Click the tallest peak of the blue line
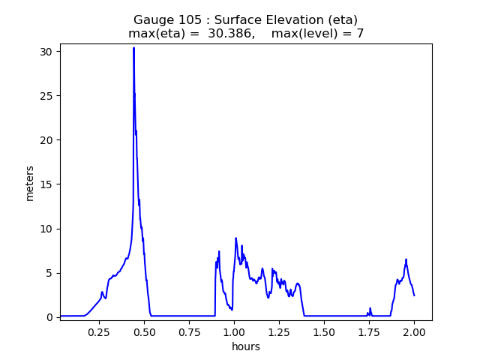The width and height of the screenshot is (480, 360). click(133, 48)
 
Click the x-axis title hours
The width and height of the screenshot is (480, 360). click(246, 346)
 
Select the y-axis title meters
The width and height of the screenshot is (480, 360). click(30, 182)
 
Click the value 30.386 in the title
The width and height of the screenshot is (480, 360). click(231, 34)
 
